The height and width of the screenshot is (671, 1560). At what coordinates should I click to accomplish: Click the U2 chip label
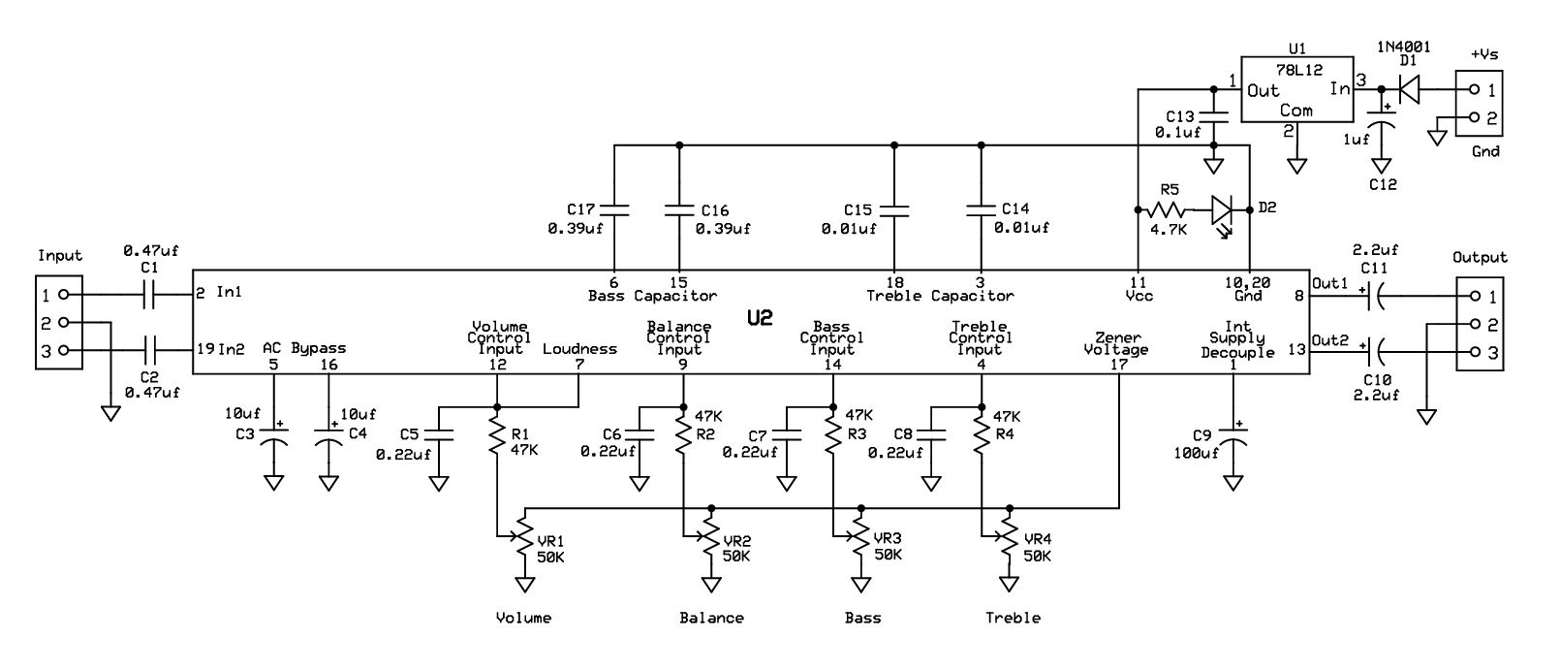pos(760,318)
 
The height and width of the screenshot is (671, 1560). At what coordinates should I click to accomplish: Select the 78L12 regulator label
pos(1298,71)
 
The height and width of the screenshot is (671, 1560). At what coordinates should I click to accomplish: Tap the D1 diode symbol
pos(1408,89)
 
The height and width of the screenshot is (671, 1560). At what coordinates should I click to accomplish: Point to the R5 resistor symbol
pos(1165,209)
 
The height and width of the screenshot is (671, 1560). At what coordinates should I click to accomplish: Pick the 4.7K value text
pos(1168,229)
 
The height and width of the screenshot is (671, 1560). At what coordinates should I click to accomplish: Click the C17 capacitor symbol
pos(614,209)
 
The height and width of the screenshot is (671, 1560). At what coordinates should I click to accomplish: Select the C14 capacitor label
pos(1015,208)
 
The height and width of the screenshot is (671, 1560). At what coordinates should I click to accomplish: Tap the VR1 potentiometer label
pos(550,541)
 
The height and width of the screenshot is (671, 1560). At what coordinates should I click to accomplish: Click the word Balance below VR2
pos(712,618)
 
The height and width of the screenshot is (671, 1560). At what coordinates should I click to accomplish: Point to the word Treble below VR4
pos(1013,618)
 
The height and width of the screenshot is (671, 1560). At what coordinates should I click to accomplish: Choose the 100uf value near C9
pos(1197,453)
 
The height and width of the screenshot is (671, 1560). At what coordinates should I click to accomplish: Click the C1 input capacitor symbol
pos(149,294)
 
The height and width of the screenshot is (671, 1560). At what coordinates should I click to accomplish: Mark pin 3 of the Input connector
pos(63,350)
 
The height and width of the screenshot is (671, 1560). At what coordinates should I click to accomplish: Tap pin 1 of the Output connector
pos(1475,296)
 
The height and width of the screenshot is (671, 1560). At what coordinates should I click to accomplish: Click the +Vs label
pos(1484,53)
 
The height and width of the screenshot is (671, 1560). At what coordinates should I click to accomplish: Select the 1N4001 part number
pos(1404,47)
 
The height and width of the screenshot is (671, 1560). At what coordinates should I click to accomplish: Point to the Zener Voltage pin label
pos(1116,343)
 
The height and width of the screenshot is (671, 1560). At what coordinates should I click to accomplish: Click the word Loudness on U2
pos(580,348)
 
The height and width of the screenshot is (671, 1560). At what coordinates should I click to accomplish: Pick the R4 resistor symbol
pos(982,434)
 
